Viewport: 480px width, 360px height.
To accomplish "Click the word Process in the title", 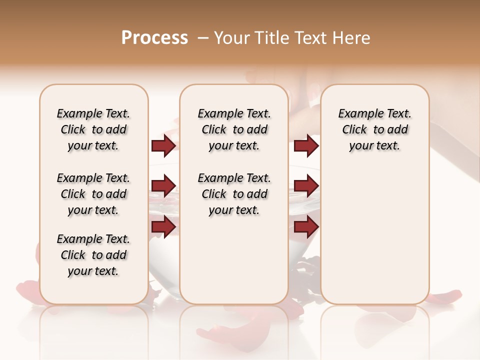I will tap(154, 38).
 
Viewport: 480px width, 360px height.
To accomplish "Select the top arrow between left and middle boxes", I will tap(163, 146).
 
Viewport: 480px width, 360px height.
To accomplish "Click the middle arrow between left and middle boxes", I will tap(163, 186).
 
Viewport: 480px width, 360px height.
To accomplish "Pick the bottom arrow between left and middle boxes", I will tap(163, 227).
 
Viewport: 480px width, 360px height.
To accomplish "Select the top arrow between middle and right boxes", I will tap(306, 146).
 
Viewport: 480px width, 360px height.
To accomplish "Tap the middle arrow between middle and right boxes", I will tap(306, 186).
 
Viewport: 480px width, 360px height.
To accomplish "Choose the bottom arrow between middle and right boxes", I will tap(306, 227).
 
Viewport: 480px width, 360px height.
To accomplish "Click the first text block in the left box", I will tap(93, 129).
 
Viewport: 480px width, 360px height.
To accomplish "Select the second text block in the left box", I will tap(93, 194).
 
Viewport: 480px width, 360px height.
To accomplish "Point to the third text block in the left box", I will tap(93, 255).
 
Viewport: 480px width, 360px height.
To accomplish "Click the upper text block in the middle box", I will tap(234, 129).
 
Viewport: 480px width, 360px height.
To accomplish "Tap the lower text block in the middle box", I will tap(234, 194).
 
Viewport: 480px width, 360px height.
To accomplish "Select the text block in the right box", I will tap(374, 129).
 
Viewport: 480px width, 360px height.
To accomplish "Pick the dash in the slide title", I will tap(203, 38).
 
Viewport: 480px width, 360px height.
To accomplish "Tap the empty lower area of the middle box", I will tap(234, 260).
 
